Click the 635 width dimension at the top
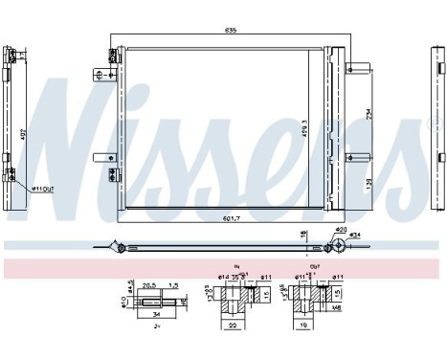click(x=231, y=31)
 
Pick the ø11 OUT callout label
click(x=42, y=189)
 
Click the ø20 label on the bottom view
click(x=341, y=231)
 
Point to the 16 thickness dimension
click(x=304, y=234)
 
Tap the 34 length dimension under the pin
click(x=154, y=311)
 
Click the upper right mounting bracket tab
click(x=359, y=67)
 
